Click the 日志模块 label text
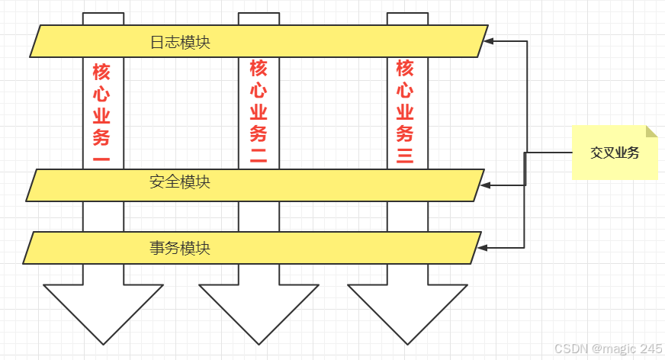coord(180,42)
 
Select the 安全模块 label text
coord(180,182)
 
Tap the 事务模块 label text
coord(180,248)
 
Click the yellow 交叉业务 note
coord(615,152)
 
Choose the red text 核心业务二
coord(259,113)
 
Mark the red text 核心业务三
coord(405,113)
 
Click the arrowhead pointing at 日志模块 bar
coord(490,41)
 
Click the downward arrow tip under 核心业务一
coord(104,342)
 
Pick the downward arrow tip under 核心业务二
coord(259,342)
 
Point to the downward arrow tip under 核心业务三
coord(407,342)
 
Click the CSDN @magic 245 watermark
coord(608,349)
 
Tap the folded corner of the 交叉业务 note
coord(651,131)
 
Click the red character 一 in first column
coord(101,161)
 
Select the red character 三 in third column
coord(405,157)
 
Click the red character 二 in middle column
coord(259,157)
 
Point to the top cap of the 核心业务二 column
coord(259,18)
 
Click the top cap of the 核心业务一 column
coord(103,18)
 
